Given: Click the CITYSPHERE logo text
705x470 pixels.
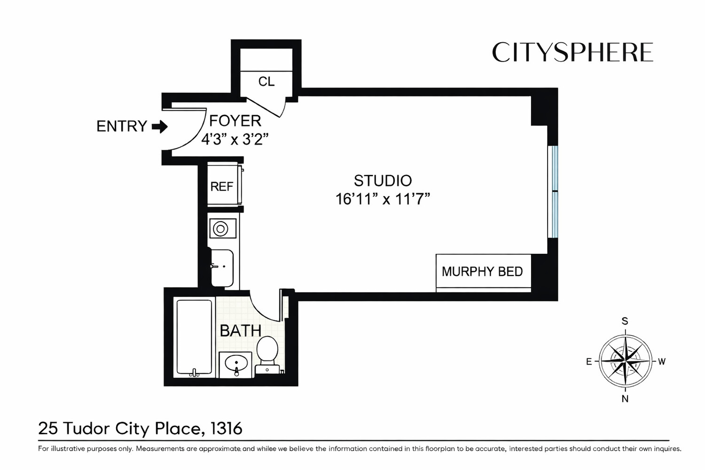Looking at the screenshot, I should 572,53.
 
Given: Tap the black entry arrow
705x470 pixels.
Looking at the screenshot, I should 160,126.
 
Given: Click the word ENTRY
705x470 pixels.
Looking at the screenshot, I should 122,126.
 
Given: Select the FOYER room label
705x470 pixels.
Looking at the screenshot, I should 235,121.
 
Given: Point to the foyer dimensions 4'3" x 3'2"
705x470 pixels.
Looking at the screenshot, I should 235,140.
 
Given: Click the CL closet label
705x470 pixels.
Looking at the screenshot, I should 266,82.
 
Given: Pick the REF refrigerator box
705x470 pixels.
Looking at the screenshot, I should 222,186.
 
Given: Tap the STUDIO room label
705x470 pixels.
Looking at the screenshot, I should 383,181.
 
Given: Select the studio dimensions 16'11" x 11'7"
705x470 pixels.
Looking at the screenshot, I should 383,199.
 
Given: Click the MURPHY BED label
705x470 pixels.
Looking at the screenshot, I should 482,272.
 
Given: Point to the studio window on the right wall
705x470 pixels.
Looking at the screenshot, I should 554,192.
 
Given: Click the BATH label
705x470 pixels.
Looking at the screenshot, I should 240,331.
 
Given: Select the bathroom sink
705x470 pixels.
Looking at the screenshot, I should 236,364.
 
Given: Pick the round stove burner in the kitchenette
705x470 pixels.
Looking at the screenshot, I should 220,229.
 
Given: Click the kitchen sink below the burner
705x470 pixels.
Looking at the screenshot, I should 222,267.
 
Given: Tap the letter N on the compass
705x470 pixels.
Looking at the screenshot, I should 625,399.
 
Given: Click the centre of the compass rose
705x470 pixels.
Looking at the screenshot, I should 625,361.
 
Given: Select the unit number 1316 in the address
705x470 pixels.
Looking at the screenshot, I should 227,429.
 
